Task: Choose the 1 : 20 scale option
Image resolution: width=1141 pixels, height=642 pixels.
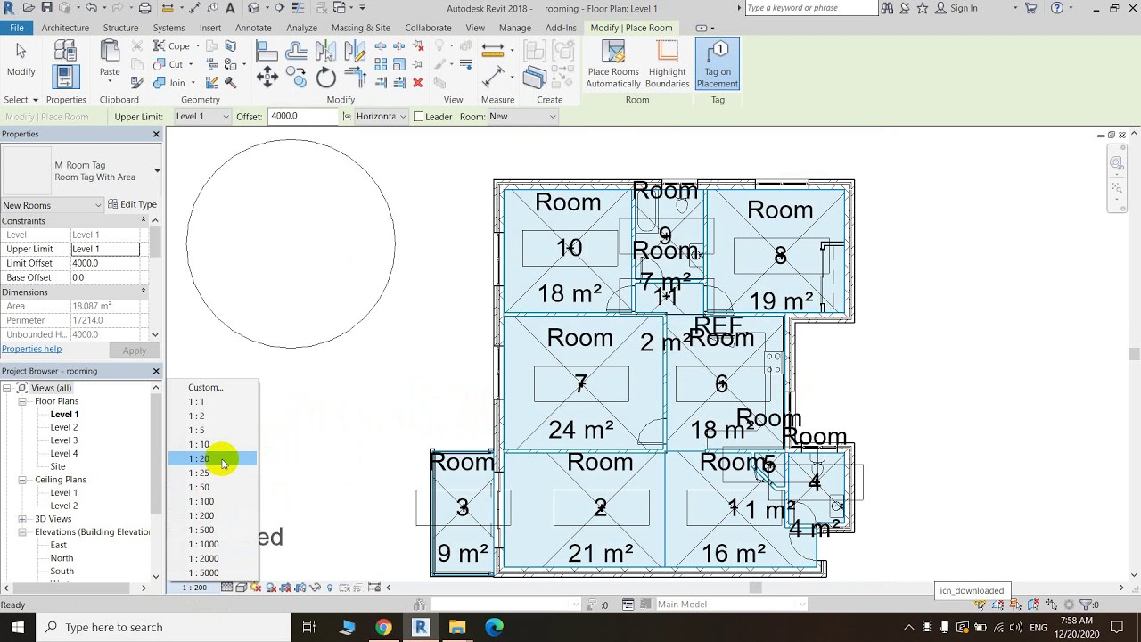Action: point(198,458)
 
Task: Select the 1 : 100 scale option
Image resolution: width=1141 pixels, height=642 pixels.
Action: point(201,501)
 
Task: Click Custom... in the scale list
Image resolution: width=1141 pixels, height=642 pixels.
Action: point(205,387)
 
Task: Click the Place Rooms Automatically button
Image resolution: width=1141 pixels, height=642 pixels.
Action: point(612,64)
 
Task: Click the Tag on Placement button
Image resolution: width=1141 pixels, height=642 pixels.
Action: point(718,64)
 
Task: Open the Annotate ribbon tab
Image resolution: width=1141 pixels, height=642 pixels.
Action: point(253,28)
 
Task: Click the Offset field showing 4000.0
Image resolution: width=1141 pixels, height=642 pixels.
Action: point(300,116)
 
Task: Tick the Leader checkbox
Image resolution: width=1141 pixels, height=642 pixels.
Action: point(418,117)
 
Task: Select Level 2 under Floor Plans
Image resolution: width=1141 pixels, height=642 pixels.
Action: point(63,427)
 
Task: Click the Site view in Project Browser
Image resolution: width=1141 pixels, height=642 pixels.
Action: point(58,466)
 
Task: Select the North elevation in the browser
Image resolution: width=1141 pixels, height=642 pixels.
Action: point(62,558)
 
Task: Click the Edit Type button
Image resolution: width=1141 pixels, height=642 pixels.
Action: point(132,204)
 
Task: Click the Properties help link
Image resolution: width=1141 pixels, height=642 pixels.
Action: point(31,349)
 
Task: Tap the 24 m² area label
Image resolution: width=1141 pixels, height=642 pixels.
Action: point(581,430)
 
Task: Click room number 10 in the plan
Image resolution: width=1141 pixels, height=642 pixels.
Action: point(569,248)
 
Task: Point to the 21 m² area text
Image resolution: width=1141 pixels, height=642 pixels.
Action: point(601,554)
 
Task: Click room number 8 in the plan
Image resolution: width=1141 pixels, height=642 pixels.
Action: point(780,257)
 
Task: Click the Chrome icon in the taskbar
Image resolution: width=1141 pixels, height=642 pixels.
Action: point(383,627)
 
